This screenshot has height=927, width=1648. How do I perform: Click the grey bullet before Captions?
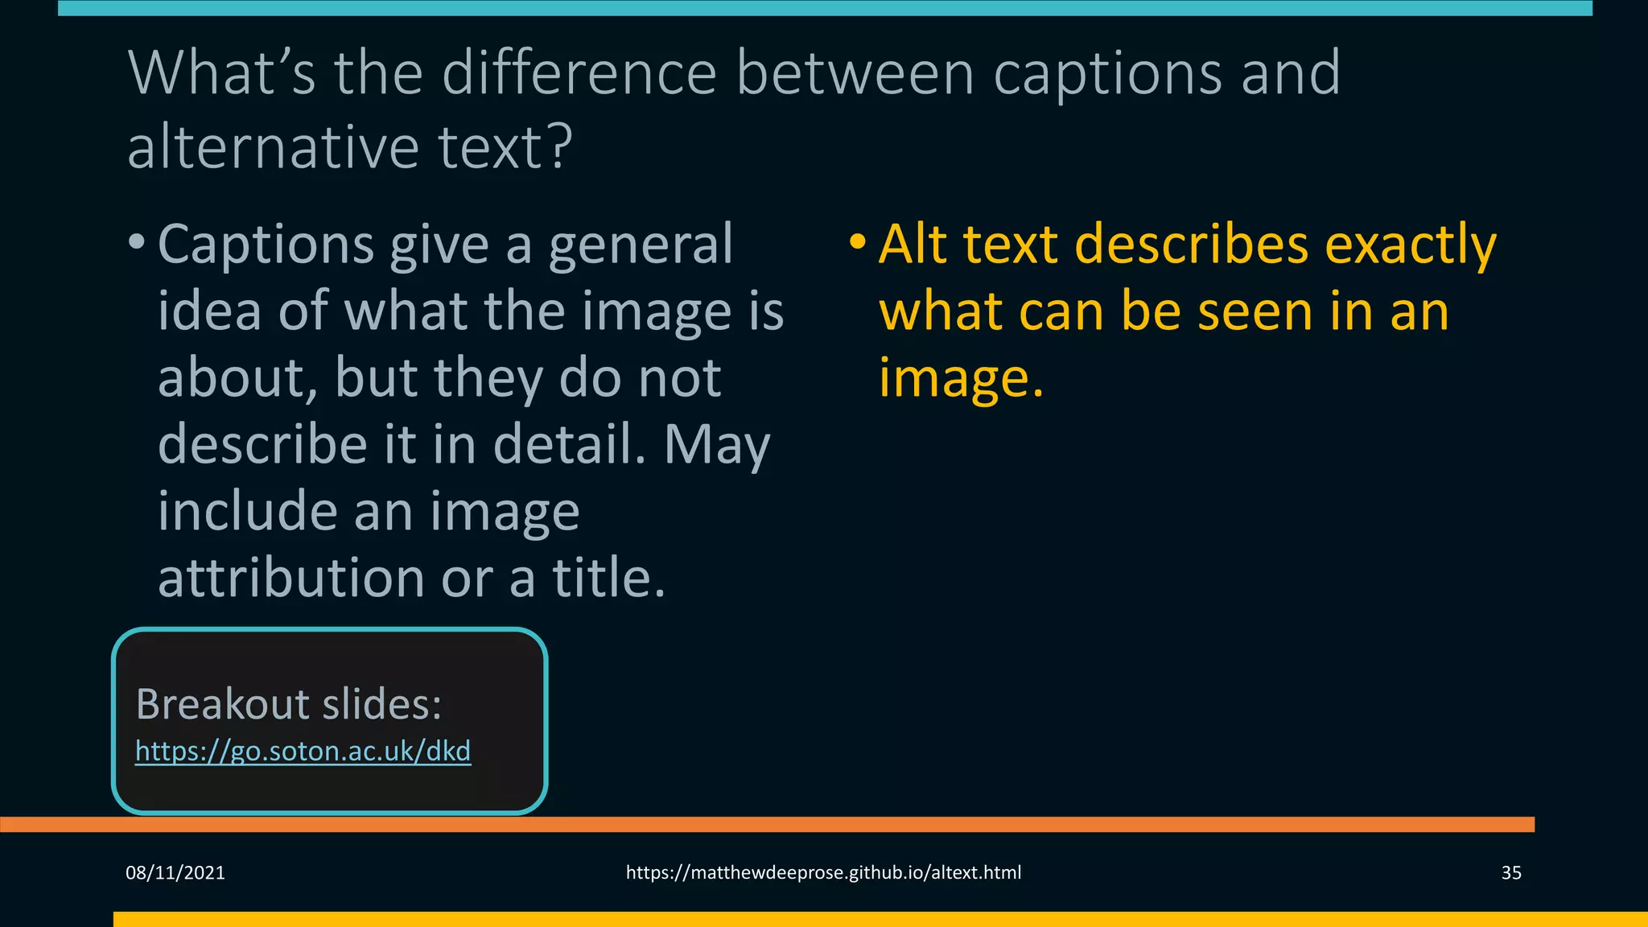pyautogui.click(x=137, y=241)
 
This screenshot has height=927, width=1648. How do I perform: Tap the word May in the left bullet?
pyautogui.click(x=717, y=445)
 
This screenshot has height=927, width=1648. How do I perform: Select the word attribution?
pyautogui.click(x=292, y=578)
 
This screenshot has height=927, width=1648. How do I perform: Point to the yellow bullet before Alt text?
pyautogui.click(x=858, y=241)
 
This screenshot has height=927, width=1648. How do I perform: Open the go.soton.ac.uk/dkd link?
pyautogui.click(x=303, y=751)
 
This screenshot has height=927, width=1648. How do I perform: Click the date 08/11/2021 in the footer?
pyautogui.click(x=175, y=873)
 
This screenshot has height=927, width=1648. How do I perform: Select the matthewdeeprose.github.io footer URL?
pyautogui.click(x=823, y=873)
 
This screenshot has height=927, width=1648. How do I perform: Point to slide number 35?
pyautogui.click(x=1511, y=873)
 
